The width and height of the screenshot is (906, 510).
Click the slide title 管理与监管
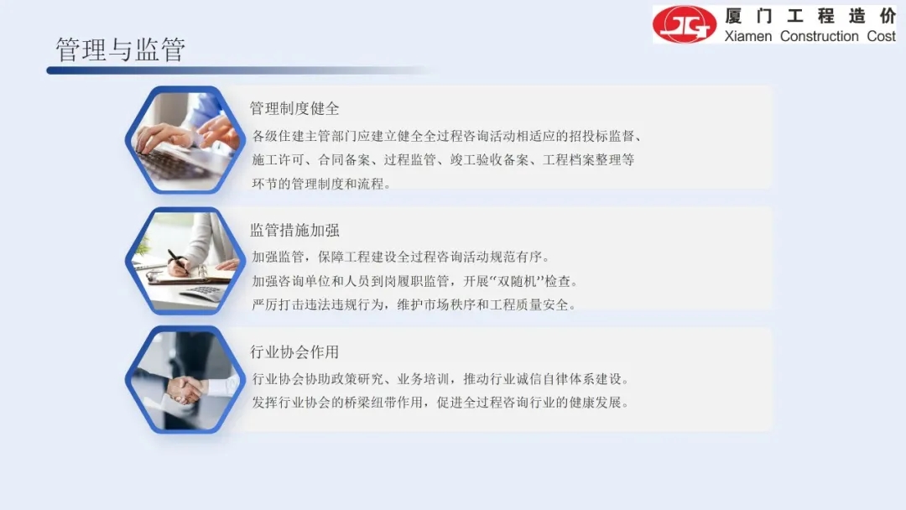(x=120, y=49)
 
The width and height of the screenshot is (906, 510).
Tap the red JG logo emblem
(x=685, y=24)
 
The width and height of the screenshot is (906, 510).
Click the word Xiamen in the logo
(x=747, y=36)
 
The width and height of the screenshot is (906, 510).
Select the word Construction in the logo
(x=819, y=36)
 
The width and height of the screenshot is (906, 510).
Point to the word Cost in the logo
(x=881, y=36)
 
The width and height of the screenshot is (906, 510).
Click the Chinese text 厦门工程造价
(x=810, y=16)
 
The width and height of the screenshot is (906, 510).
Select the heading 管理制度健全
(x=294, y=108)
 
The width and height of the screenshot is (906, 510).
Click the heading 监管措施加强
(x=294, y=231)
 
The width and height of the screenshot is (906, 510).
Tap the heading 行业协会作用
(x=294, y=351)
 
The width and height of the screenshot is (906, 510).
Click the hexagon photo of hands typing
(x=185, y=140)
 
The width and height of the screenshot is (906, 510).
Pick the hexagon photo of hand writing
(x=185, y=261)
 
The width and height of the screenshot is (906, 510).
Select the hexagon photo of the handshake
(x=185, y=380)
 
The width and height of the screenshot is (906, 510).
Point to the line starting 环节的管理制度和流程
(x=321, y=185)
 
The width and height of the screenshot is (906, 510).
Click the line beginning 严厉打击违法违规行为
(x=414, y=305)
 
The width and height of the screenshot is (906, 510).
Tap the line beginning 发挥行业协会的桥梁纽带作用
(x=440, y=403)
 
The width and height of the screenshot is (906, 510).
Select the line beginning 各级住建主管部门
(x=447, y=137)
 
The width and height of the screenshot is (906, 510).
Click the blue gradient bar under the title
(x=240, y=70)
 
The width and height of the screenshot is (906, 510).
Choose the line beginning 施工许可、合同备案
(x=443, y=160)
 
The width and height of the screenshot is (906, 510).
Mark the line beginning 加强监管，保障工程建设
(x=401, y=257)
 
